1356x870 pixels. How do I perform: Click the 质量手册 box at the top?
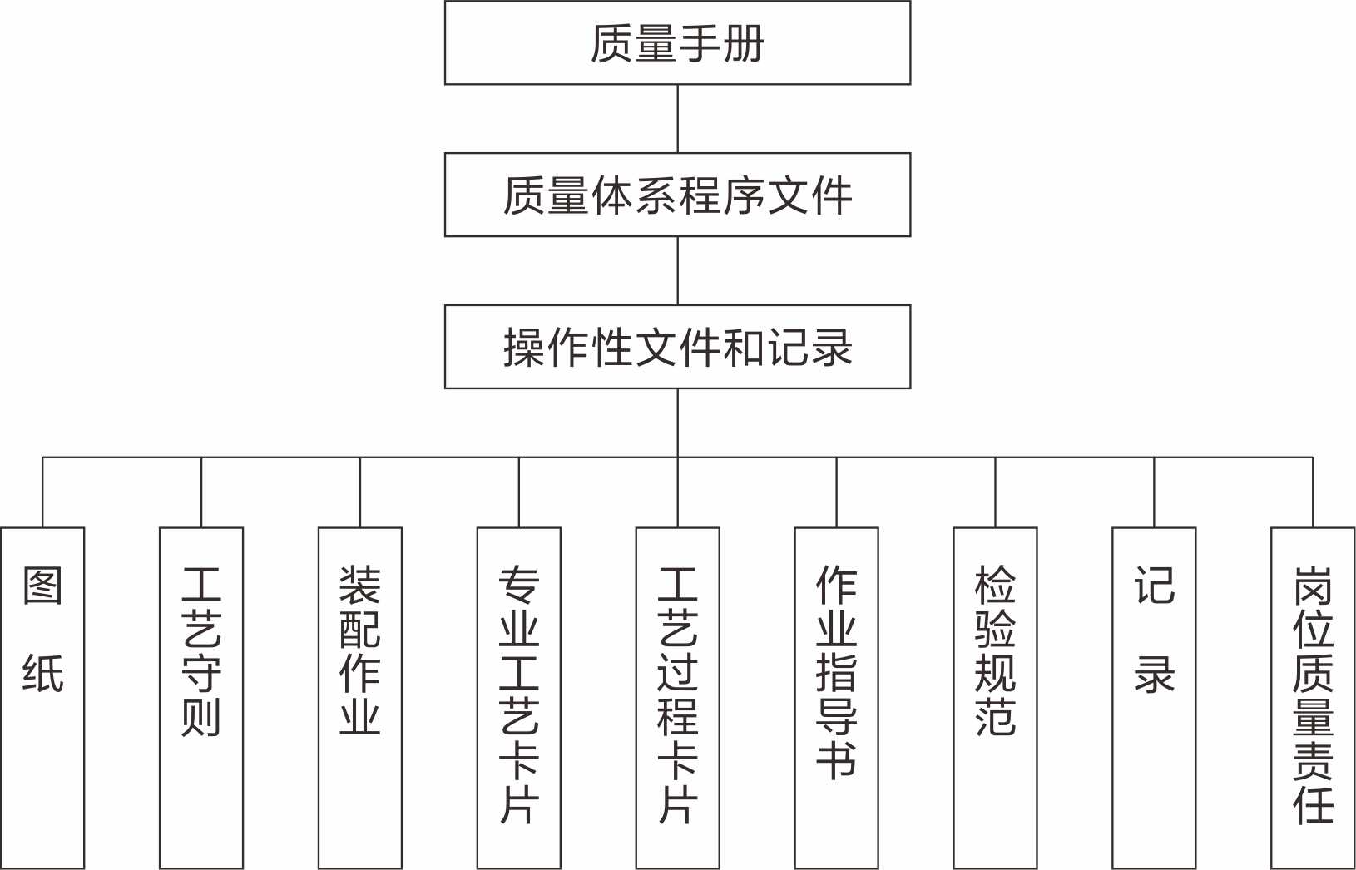coord(677,43)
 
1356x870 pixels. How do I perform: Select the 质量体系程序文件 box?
coord(677,195)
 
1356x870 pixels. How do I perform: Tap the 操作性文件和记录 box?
coord(677,347)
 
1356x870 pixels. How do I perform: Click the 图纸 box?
coord(42,697)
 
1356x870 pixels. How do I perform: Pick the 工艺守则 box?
coord(201,697)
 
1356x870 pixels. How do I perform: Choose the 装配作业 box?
coord(360,697)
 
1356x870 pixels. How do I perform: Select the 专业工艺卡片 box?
coord(519,697)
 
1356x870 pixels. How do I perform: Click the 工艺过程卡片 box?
coord(677,697)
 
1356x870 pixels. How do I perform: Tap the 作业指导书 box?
coord(836,697)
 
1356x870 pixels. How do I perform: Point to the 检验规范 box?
coord(995,697)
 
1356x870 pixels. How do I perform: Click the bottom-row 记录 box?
coord(1154,697)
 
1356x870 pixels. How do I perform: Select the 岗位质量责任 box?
coord(1313,697)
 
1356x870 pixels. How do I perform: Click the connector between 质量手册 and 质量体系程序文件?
coord(677,118)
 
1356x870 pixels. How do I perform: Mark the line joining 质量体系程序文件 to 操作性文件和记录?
coord(677,270)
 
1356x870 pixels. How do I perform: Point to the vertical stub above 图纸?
coord(42,492)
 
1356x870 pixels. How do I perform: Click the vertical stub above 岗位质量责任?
coord(1313,492)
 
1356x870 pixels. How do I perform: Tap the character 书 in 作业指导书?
coord(836,759)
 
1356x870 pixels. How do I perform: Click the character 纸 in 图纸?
coord(42,673)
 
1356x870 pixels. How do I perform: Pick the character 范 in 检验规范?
coord(995,717)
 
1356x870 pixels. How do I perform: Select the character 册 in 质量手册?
coord(743,43)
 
